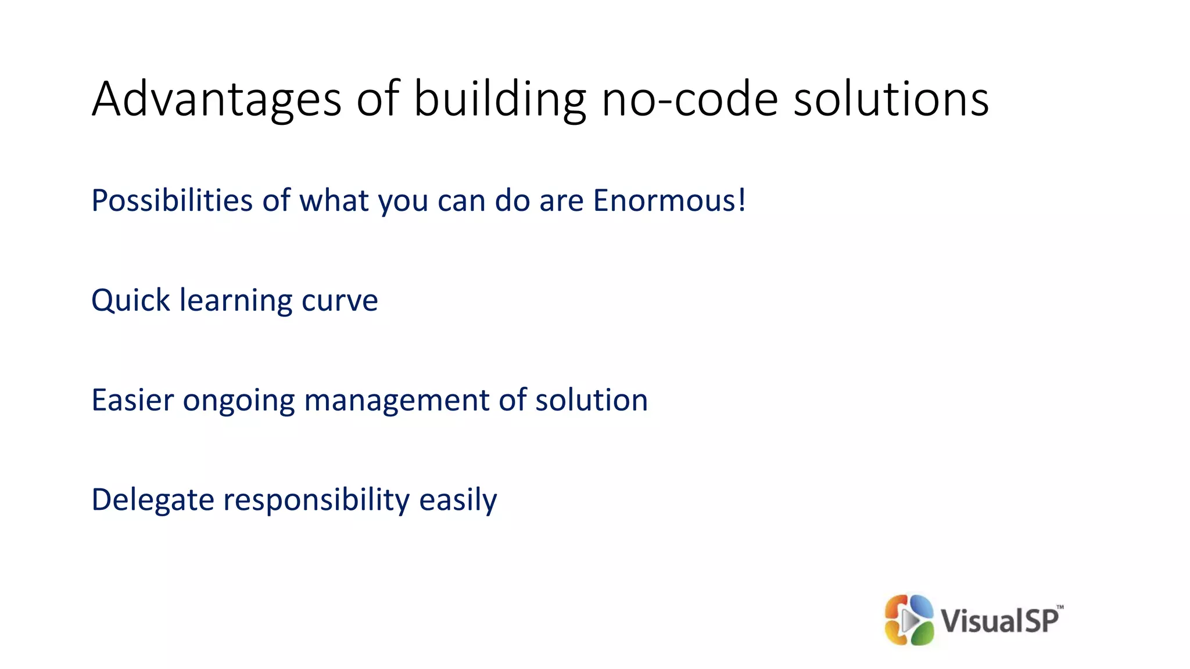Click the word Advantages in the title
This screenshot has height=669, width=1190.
[x=216, y=100]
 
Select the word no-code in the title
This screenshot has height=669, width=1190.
[x=690, y=100]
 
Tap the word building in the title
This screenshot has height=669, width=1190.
[x=500, y=100]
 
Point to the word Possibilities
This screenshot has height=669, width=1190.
[x=172, y=201]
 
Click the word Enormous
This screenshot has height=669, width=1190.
[x=665, y=201]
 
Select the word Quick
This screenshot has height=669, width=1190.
[x=131, y=301]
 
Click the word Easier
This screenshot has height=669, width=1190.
[x=132, y=401]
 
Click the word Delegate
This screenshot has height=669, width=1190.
[x=153, y=501]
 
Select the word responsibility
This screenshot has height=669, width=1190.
[x=317, y=501]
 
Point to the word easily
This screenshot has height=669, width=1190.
[x=458, y=501]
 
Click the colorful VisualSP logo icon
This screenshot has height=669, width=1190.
[x=909, y=620]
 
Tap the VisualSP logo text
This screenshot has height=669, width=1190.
[x=999, y=621]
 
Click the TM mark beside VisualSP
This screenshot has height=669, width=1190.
[x=1060, y=607]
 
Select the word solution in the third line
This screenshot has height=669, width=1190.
[x=591, y=401]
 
